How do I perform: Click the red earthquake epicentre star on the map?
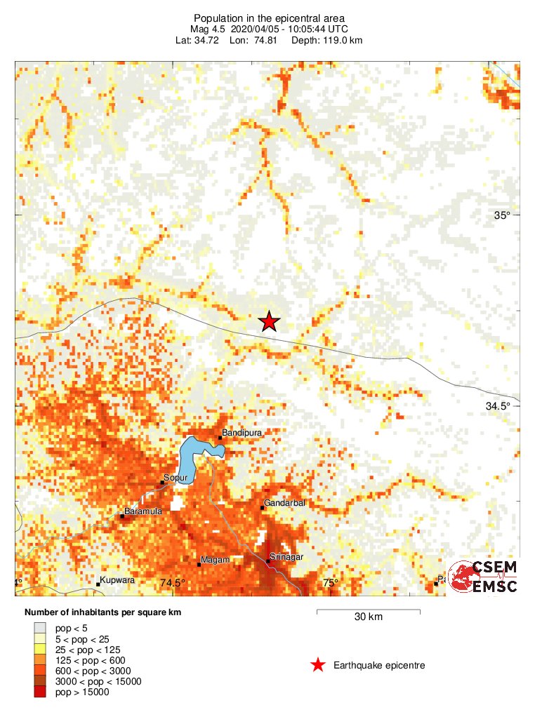tap(269, 321)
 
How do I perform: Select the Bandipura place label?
tap(242, 433)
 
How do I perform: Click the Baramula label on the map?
tap(143, 511)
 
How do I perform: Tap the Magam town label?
tap(213, 560)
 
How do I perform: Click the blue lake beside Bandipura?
tap(191, 455)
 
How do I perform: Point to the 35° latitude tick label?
tap(502, 215)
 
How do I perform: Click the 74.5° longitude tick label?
tap(173, 583)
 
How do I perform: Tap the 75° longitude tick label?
tap(331, 583)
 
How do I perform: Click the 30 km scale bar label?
tap(368, 617)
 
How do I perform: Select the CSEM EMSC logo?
tap(484, 576)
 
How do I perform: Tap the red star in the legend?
tap(318, 665)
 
